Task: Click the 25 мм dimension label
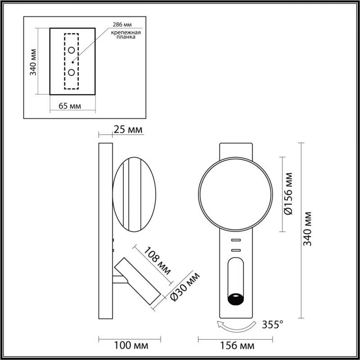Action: point(128,130)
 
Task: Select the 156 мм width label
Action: point(236,346)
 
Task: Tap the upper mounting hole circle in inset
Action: point(72,50)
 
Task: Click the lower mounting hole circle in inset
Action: point(72,72)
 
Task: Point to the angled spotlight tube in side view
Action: point(137,281)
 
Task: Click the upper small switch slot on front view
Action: point(236,240)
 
